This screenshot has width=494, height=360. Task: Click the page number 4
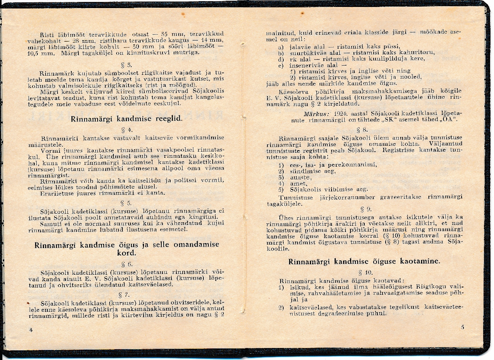[x=31, y=330]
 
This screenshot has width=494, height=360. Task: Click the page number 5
[x=462, y=328]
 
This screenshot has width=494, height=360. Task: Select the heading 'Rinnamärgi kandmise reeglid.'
[x=126, y=119]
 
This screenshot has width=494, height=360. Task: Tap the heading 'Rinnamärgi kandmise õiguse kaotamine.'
[x=364, y=262]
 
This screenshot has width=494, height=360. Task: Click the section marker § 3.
[x=126, y=64]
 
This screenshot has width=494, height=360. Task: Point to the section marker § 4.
[x=126, y=130]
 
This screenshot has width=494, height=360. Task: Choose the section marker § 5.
[x=126, y=203]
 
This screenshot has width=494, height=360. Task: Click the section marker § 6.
[x=127, y=264]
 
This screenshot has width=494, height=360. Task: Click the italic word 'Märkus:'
[x=316, y=114]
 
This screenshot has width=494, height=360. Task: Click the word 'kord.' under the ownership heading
[x=127, y=254]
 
